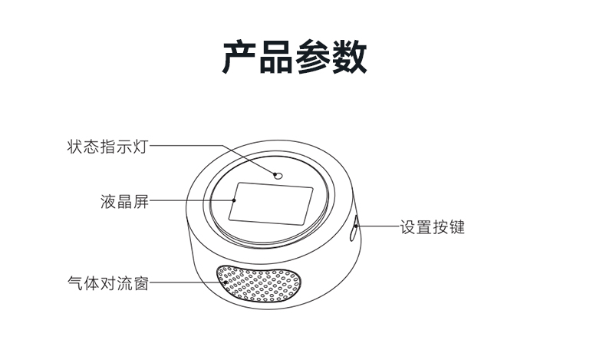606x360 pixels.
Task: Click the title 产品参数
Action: tap(295, 57)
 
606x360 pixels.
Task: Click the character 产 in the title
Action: tap(239, 57)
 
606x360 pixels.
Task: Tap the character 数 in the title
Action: tap(349, 57)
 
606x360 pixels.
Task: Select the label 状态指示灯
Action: tap(108, 147)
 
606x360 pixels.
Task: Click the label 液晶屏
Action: tap(124, 201)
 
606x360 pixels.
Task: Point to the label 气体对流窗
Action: tap(108, 283)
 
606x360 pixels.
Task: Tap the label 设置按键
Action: tap(433, 227)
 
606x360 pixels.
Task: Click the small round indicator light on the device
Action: tap(278, 176)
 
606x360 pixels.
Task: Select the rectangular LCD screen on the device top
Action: tap(271, 203)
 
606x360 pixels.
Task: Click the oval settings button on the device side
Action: tap(354, 228)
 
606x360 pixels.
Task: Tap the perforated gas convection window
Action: tap(259, 283)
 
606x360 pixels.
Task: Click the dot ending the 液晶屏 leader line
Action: tap(234, 200)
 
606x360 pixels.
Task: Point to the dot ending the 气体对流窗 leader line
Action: tap(226, 282)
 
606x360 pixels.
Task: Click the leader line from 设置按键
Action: tap(378, 226)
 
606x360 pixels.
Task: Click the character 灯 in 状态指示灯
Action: tap(140, 147)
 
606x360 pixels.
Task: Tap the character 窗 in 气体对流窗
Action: tap(140, 283)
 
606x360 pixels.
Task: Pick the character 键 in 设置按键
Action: tap(457, 227)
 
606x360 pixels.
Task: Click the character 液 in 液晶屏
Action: tap(108, 201)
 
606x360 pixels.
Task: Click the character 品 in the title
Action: tap(276, 57)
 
